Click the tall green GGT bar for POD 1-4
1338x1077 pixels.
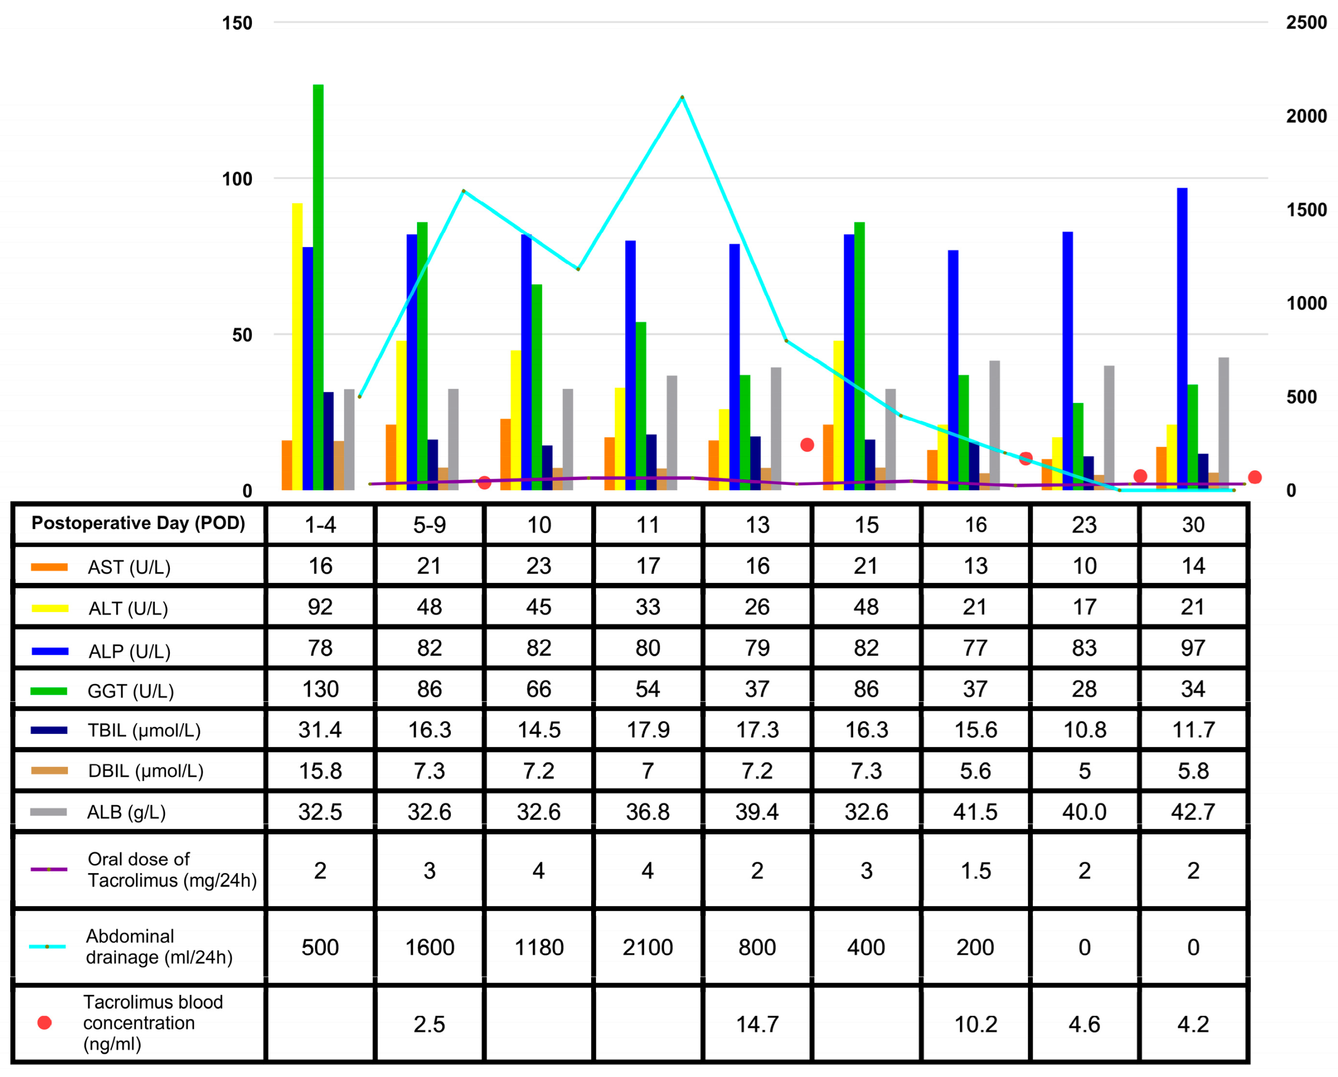coord(318,287)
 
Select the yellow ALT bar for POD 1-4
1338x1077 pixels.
coord(297,346)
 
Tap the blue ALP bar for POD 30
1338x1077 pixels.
coord(1182,339)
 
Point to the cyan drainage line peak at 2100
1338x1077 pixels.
coord(682,98)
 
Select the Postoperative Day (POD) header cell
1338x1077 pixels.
coord(139,523)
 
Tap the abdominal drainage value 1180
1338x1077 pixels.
coord(539,947)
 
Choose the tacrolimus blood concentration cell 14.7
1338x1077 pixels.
coord(757,1024)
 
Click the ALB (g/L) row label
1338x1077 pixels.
coord(127,812)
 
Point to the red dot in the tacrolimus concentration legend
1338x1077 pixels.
coord(45,1023)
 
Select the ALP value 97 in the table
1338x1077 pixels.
coord(1193,648)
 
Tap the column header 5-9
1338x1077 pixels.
coord(429,525)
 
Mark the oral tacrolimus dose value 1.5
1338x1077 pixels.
coord(976,870)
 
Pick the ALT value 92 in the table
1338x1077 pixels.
coord(320,607)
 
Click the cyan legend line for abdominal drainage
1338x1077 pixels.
coord(48,946)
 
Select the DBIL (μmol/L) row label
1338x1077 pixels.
coord(146,771)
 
